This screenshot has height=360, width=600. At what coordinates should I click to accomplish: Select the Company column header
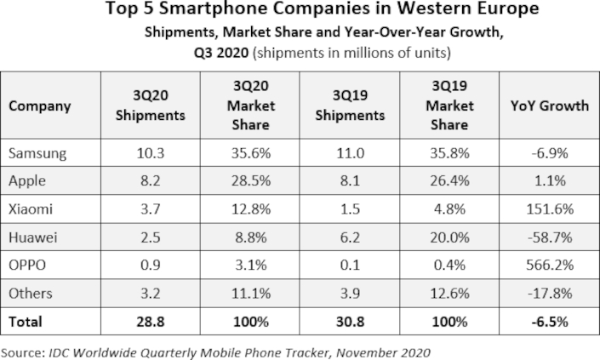40,106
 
